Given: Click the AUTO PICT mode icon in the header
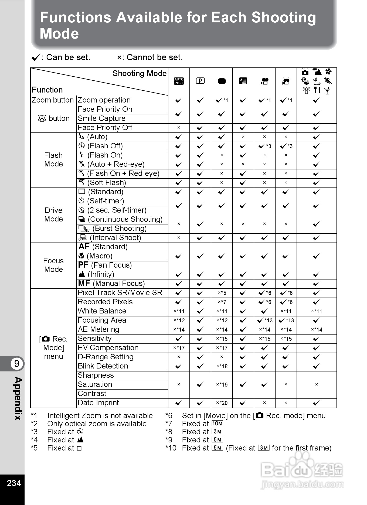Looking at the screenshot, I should [179, 81].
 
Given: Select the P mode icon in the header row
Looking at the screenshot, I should [200, 81].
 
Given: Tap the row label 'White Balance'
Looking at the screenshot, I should [102, 311].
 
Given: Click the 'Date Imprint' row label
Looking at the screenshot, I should [98, 403].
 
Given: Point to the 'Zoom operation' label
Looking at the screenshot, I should [104, 100].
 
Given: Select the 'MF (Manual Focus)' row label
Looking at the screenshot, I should [111, 284].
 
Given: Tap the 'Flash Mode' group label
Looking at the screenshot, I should [53, 160].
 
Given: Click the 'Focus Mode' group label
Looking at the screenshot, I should [53, 265].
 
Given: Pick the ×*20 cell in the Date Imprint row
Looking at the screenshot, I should [222, 403].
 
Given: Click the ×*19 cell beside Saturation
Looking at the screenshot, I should [222, 385].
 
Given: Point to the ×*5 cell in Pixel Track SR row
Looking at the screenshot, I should [222, 293].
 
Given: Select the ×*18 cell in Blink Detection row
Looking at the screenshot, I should [222, 366].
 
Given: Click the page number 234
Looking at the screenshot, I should [14, 483].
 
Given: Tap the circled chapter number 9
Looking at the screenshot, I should [17, 363].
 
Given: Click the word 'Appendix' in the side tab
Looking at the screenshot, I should [18, 398].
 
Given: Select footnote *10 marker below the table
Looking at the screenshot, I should [171, 448].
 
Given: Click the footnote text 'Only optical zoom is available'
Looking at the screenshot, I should [97, 424].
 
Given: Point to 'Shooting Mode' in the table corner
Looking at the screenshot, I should [139, 73].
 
